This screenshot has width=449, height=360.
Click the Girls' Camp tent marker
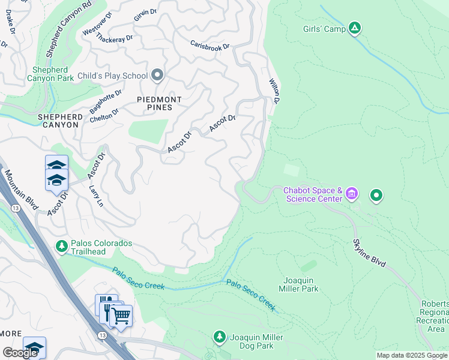pos(355,28)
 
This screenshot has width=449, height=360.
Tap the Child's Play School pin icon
pos(157,75)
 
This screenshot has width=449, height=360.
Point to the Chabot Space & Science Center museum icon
pos(352,194)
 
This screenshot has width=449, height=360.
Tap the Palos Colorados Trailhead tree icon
pos(61,245)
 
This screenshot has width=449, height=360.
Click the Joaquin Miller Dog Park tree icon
pos(220,337)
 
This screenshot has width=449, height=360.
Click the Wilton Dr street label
pos(274,90)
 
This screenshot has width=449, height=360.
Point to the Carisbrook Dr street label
pos(209,45)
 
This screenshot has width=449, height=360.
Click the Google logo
pos(20,352)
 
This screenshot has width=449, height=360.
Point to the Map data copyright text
pos(411,355)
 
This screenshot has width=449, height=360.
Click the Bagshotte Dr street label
pos(105,102)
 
